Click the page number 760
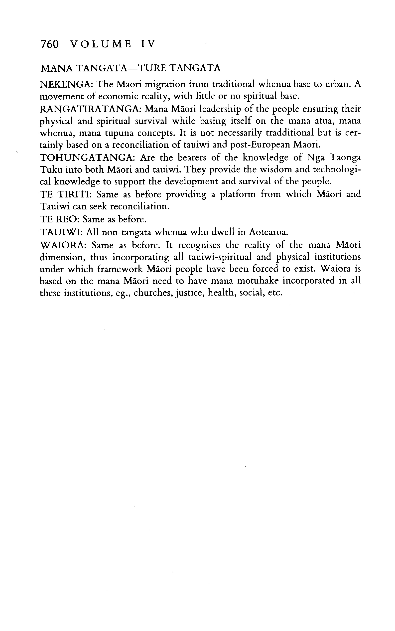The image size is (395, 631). [50, 44]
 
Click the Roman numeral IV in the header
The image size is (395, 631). [148, 44]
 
